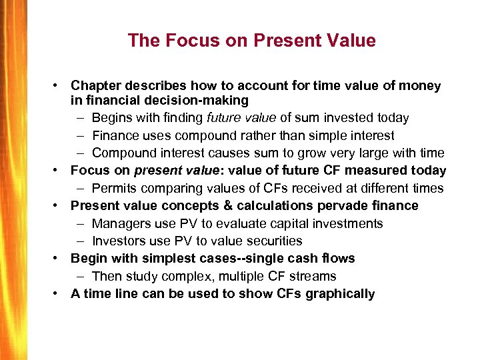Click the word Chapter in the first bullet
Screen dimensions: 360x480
pos(95,85)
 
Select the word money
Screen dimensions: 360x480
pos(420,85)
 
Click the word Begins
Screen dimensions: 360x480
pos(112,118)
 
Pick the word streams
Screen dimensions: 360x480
pos(313,276)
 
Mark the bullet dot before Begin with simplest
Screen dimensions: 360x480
pos(59,258)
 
